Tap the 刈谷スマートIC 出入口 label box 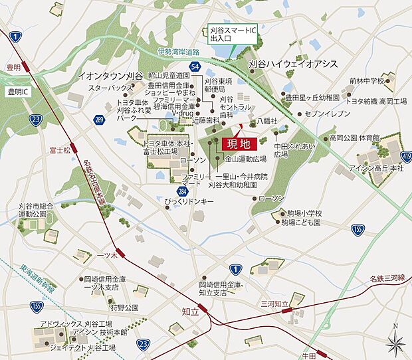[x=230, y=35]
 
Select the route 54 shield [x=194, y=67]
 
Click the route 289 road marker [x=99, y=120]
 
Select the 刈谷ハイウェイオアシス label [x=293, y=64]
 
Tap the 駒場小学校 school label [x=300, y=213]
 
